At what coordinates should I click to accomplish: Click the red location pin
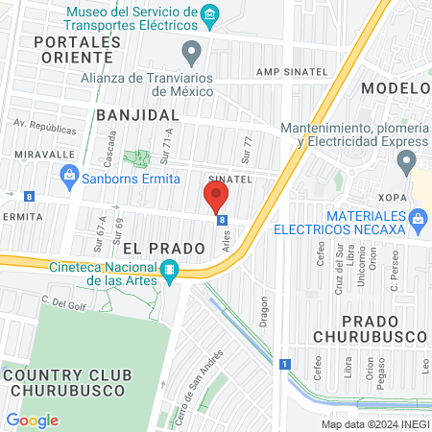click(x=216, y=199)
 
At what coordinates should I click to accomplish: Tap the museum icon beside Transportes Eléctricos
click(x=211, y=14)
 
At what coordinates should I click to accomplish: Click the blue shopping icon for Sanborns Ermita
click(x=69, y=175)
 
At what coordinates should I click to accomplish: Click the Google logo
click(x=32, y=420)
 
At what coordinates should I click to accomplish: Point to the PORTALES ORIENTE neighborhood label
click(x=77, y=50)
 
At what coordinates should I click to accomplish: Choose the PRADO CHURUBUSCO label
click(x=370, y=327)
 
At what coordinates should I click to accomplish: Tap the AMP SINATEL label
click(x=291, y=72)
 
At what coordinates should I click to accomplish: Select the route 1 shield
click(x=285, y=363)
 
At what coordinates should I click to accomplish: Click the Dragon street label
click(x=264, y=312)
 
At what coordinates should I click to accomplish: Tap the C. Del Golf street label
click(x=59, y=300)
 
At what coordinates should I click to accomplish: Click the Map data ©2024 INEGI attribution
click(x=374, y=424)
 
